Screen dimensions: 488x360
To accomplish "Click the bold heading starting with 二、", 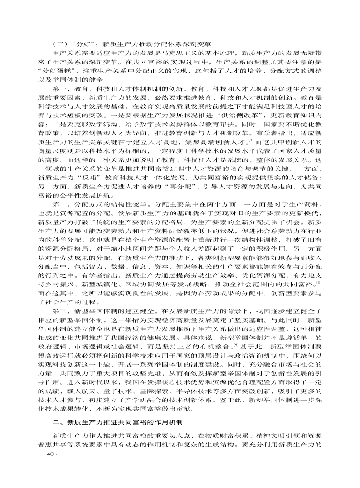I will tap(118, 423).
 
